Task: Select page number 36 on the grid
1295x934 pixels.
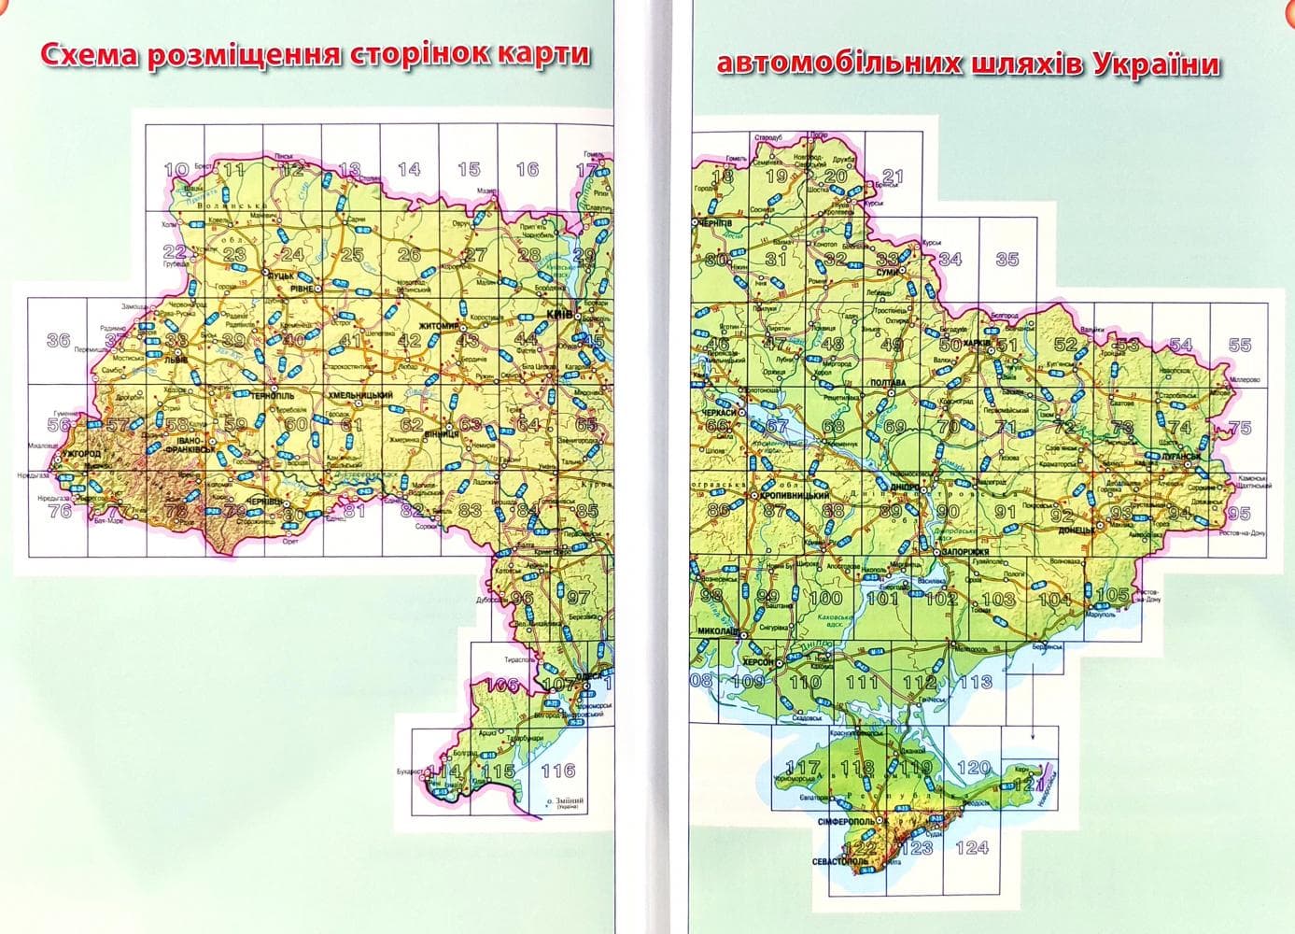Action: point(58,340)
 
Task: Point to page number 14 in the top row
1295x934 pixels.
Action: point(409,170)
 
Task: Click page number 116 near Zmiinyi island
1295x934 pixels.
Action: point(557,771)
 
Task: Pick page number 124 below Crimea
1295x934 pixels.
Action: point(972,847)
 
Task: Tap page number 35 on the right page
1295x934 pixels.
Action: point(1006,260)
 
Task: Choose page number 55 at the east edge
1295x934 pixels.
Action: point(1239,346)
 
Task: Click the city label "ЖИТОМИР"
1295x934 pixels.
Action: point(439,326)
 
